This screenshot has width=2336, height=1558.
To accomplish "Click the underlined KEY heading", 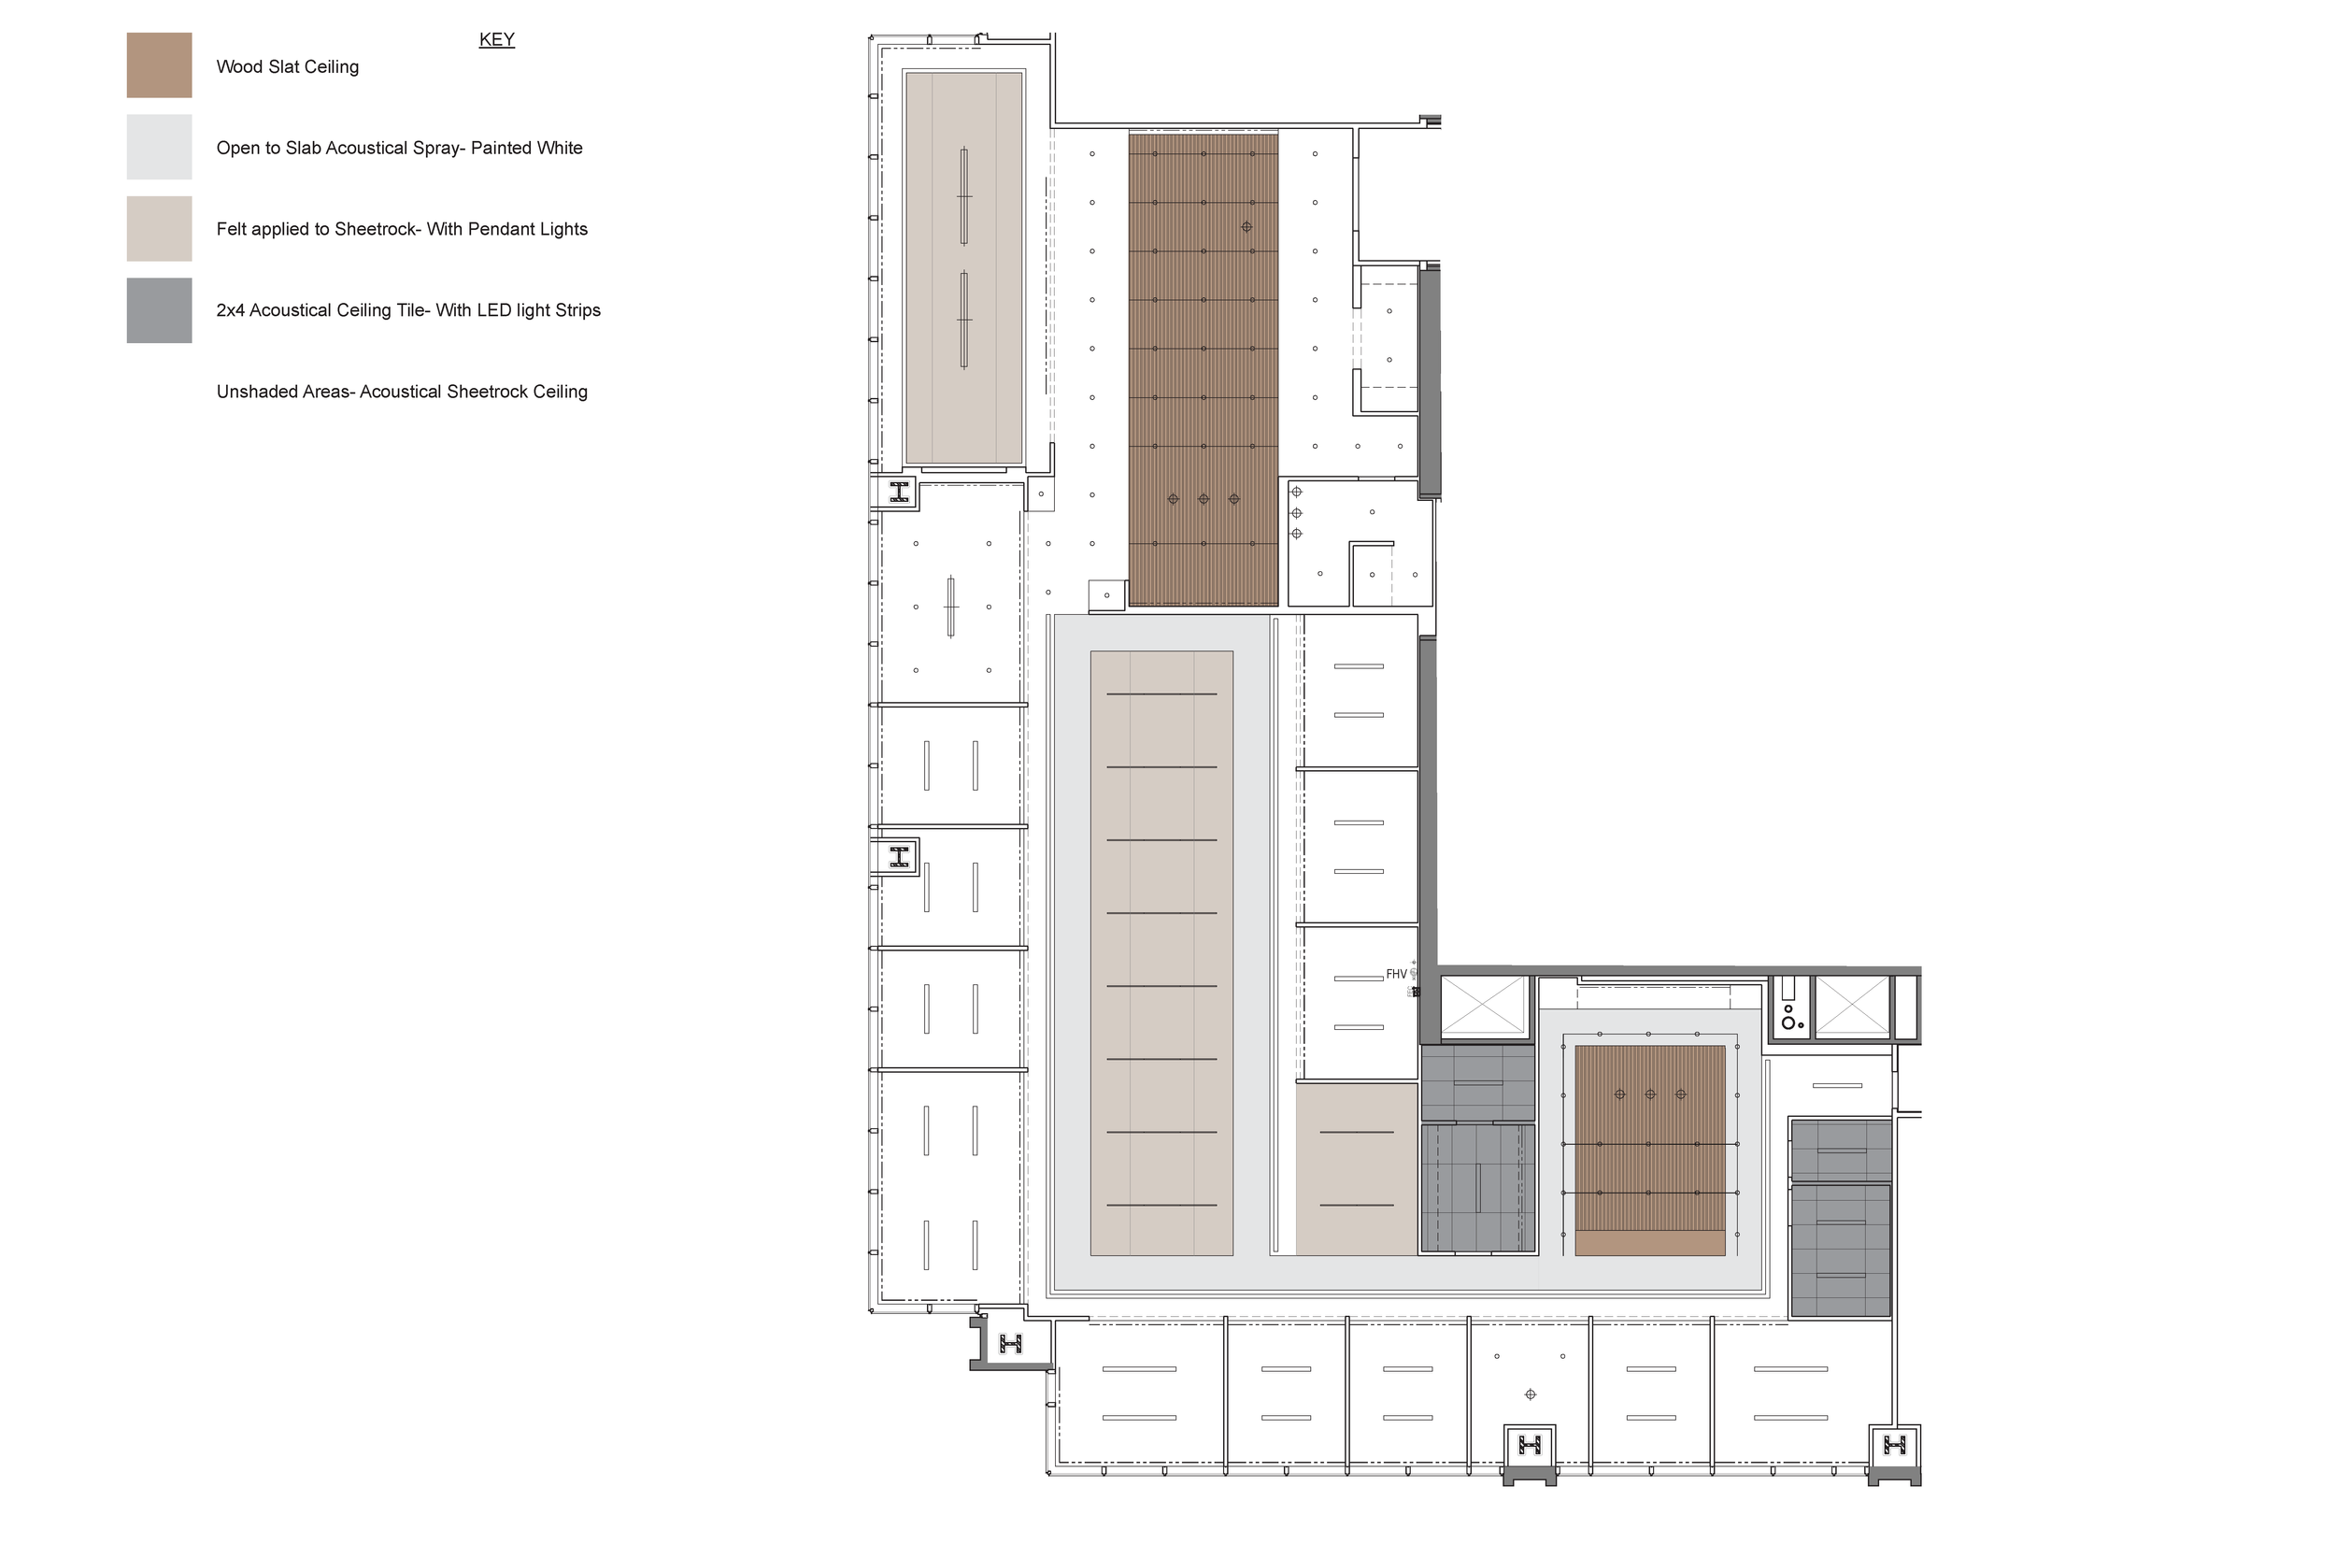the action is click(496, 40).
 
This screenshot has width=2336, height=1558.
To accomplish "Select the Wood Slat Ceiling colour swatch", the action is click(159, 65).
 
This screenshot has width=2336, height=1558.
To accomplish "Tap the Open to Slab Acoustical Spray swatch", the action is click(159, 147).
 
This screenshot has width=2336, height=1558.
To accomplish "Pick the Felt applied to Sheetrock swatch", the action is click(159, 229).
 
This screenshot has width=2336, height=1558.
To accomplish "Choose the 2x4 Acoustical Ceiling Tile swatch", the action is click(159, 310).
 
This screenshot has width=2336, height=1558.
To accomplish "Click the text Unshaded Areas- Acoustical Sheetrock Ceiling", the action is click(402, 392).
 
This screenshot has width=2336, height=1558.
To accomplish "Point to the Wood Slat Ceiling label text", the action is click(288, 66).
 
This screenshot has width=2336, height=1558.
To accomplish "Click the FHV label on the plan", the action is click(1396, 974).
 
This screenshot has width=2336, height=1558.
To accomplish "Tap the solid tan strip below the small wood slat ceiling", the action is click(1650, 1243).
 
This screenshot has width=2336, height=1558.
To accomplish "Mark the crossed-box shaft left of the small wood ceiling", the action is click(1483, 1006).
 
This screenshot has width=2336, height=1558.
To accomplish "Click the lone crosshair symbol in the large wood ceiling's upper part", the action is click(1246, 226).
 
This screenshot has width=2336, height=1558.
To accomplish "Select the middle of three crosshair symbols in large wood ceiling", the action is click(1204, 499).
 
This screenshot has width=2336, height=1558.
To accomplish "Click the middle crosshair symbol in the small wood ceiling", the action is click(1650, 1094).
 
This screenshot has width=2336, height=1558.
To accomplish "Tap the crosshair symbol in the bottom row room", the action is click(1531, 1394).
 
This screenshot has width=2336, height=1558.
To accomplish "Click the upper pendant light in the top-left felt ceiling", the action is click(963, 195).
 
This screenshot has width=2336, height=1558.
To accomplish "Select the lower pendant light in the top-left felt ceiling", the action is click(963, 319).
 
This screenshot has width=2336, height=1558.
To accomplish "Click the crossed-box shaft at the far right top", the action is click(1852, 1006).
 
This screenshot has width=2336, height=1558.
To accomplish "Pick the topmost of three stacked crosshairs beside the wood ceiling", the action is click(1296, 492).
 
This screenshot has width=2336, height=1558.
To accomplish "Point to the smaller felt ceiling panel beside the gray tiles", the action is click(1357, 1168).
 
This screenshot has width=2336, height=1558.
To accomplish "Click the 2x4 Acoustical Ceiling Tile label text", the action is click(408, 310).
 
